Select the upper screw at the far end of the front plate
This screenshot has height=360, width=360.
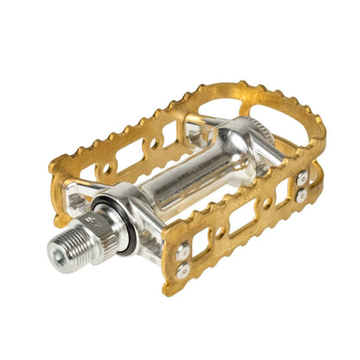(302, 178)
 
